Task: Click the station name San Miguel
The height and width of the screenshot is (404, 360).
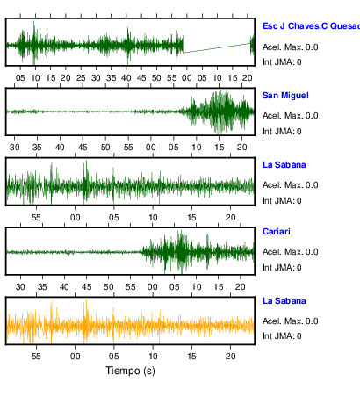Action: [x=285, y=96]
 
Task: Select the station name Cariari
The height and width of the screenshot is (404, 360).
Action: [x=277, y=232]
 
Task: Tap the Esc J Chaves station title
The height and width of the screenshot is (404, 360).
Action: [x=311, y=26]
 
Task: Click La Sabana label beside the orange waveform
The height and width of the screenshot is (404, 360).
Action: [x=284, y=301]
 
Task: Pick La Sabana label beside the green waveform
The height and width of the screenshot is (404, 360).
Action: [x=284, y=165]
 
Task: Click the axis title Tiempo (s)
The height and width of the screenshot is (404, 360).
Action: [x=130, y=371]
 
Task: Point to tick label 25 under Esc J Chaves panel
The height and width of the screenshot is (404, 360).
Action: [x=81, y=78]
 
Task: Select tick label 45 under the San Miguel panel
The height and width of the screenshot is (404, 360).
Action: [x=83, y=148]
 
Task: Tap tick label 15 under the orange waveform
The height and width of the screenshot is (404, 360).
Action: [x=191, y=357]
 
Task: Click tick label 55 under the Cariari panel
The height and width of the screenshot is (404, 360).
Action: [x=131, y=287]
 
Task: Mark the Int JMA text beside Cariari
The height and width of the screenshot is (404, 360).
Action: [x=282, y=268]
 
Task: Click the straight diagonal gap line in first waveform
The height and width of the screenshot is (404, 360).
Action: [x=217, y=48]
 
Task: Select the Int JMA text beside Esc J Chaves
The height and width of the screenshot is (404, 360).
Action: [x=282, y=62]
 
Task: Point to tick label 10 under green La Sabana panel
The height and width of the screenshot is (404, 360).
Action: [x=153, y=218]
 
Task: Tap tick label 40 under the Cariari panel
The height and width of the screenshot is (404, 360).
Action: [x=64, y=287]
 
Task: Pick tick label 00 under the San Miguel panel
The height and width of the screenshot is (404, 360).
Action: [x=151, y=148]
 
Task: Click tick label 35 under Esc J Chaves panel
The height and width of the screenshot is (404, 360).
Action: [x=112, y=78]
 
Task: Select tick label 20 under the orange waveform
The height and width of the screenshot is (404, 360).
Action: [x=230, y=357]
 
